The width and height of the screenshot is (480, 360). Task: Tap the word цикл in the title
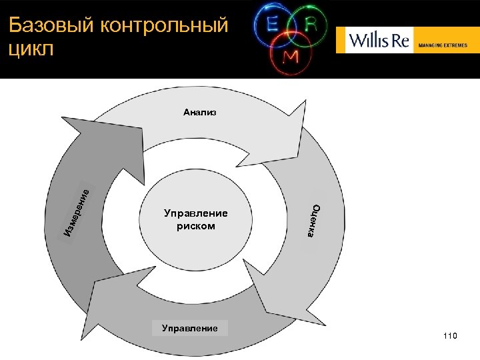31,51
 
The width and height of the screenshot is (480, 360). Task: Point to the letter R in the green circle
311,24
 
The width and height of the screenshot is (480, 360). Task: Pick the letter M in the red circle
291,57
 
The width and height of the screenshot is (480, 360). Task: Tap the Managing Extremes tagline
443,46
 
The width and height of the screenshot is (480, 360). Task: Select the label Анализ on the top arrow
200,113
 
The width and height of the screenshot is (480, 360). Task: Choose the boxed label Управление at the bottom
189,328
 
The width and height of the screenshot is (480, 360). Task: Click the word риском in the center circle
196,226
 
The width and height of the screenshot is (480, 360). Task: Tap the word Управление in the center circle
196,214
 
